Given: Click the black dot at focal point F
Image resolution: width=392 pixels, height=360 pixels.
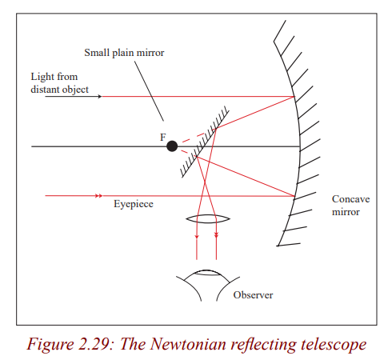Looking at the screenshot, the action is click(172, 146).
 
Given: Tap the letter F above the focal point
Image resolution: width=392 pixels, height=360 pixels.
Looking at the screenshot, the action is click(163, 138).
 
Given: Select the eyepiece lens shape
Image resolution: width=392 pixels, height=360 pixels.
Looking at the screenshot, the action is click(208, 219).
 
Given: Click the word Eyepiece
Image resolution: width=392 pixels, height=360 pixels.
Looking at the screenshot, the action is click(134, 204).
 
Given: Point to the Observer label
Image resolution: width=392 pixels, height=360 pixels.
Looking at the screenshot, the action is click(253, 295).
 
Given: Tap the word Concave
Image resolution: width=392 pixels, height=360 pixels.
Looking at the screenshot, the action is click(350, 199).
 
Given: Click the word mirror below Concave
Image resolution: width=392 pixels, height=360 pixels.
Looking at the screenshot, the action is click(346, 212).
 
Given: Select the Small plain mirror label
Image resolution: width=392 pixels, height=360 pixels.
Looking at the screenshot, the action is click(124, 53).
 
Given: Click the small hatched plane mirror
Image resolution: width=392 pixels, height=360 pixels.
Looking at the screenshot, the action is click(205, 142).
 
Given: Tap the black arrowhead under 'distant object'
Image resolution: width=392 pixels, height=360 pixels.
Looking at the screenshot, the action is click(100, 96).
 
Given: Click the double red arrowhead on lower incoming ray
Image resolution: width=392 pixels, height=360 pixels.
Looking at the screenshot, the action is click(98, 196).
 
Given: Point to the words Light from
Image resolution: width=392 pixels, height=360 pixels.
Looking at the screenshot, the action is click(54, 77).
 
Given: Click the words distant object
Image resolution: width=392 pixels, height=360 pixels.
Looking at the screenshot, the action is click(59, 90).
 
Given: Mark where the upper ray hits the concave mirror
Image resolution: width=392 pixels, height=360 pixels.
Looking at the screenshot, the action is click(294, 97).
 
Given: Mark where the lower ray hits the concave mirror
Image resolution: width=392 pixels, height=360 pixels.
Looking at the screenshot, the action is click(294, 197).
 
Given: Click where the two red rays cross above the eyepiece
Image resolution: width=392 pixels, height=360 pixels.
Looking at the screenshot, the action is click(205, 182).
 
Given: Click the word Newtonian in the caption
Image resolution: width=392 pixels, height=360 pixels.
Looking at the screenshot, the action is click(188, 344).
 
